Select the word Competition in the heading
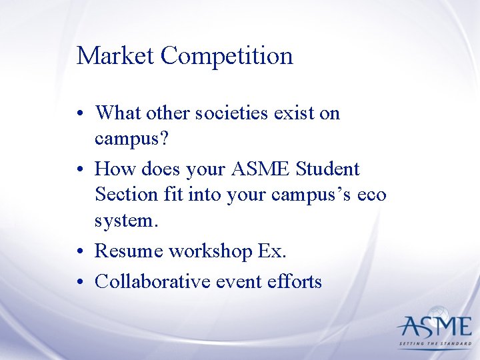click(227, 56)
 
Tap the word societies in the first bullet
click(229, 113)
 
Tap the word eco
click(371, 195)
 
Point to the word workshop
click(211, 251)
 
